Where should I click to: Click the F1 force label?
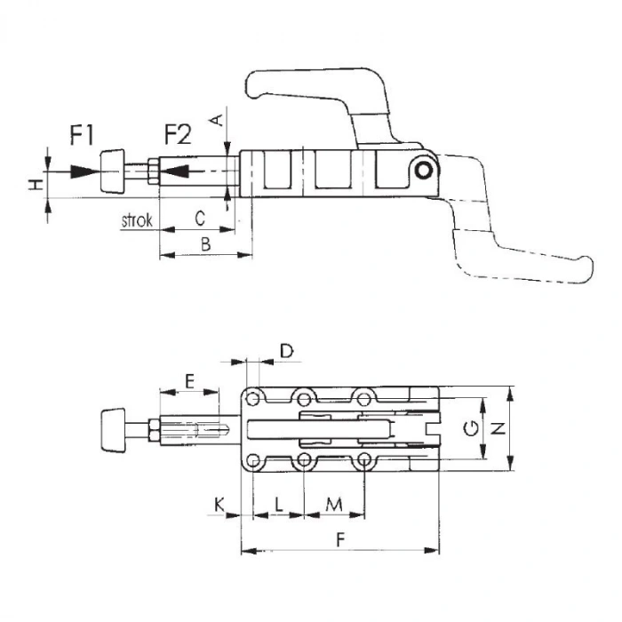pos(82,135)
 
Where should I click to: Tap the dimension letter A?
pos(218,119)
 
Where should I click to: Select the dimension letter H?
pos(36,185)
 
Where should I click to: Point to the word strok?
pos(137,220)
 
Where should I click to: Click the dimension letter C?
pos(200,219)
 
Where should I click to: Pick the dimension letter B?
pos(205,244)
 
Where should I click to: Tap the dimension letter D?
pos(286,351)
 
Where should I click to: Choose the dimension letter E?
pos(189,381)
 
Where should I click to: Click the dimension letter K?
pos(219,505)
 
